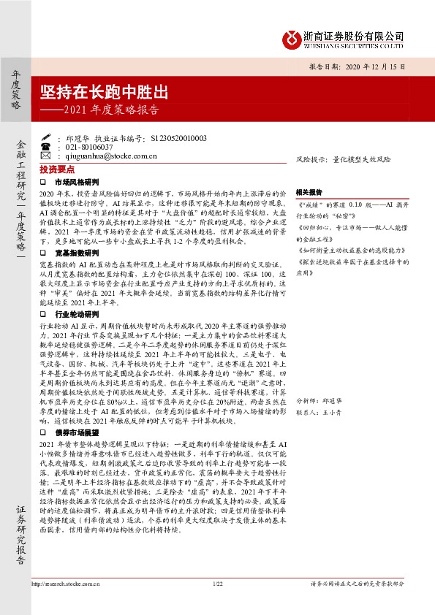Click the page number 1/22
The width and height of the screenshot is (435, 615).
pyautogui.click(x=216, y=604)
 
